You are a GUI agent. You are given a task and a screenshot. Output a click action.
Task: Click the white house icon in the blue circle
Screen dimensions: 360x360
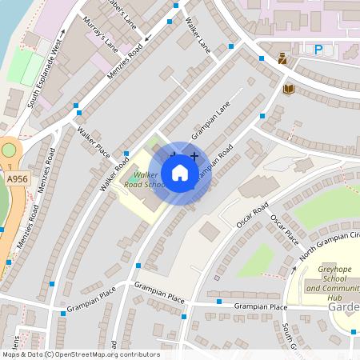coord(180,172)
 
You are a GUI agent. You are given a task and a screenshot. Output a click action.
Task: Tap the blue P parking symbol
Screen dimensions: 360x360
coord(318,50)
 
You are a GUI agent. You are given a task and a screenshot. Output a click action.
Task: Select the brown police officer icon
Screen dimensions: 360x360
coord(282,58)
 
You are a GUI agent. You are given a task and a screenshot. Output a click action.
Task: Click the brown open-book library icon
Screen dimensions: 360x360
coord(288,88)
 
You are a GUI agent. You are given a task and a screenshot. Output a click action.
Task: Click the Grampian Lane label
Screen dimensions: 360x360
coord(205,125)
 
